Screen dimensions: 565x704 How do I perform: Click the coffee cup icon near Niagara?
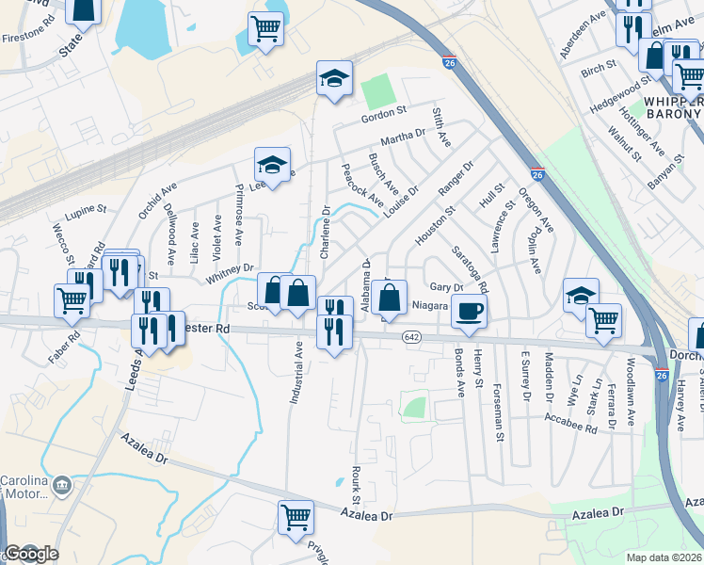pyautogui.click(x=469, y=311)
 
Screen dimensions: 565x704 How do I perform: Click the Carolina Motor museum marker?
pyautogui.click(x=63, y=486)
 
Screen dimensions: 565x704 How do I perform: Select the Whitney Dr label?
pyautogui.click(x=230, y=268)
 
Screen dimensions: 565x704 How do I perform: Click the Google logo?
pyautogui.click(x=31, y=554)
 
